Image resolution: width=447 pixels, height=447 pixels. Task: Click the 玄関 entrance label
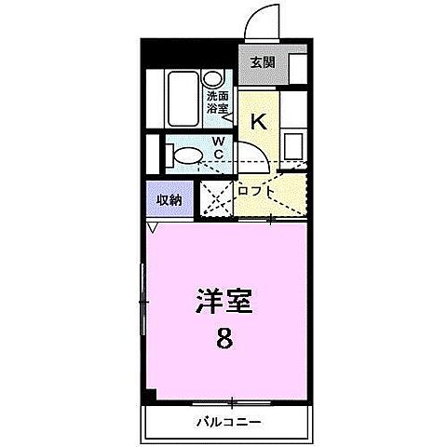click(x=263, y=62)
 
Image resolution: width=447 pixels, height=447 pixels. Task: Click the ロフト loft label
click(x=255, y=191)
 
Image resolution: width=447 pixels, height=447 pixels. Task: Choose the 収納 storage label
click(x=169, y=199)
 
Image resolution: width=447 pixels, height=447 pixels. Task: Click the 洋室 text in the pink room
click(x=224, y=302)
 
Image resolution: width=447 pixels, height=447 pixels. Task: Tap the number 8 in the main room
click(x=224, y=338)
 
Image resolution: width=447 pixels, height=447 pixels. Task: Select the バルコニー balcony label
click(x=228, y=422)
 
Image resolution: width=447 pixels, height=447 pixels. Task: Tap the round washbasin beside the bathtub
click(x=214, y=80)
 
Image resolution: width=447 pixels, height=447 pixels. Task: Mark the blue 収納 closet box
click(x=169, y=199)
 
